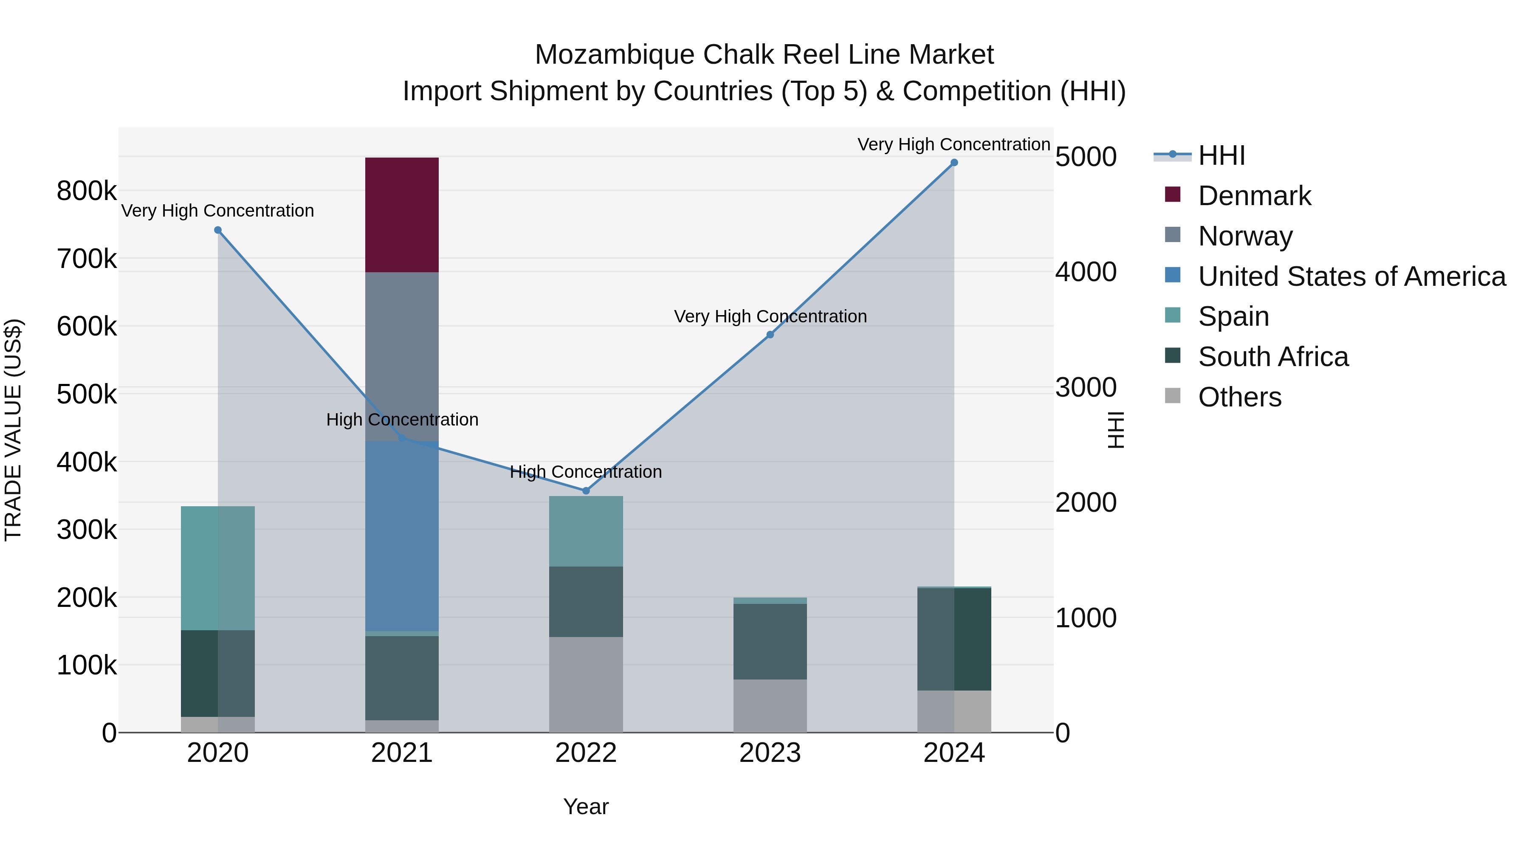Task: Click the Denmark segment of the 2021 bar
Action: click(401, 215)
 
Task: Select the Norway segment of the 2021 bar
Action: click(401, 356)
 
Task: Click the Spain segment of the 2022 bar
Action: click(586, 531)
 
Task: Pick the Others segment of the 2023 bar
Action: click(770, 706)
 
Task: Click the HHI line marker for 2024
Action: click(954, 163)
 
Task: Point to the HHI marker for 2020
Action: click(218, 230)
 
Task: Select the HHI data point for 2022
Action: click(586, 491)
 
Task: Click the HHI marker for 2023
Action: click(770, 335)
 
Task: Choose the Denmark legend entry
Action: click(1254, 196)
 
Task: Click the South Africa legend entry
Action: click(1273, 357)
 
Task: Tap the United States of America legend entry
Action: click(1351, 276)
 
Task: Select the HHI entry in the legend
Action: click(1221, 155)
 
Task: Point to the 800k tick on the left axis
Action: click(87, 191)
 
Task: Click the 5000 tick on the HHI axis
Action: click(1086, 157)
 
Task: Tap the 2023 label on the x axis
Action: click(770, 753)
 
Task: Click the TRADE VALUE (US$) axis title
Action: click(13, 430)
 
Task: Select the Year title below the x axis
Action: click(586, 806)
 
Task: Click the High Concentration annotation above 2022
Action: click(586, 472)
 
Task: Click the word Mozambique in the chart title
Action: click(614, 55)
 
